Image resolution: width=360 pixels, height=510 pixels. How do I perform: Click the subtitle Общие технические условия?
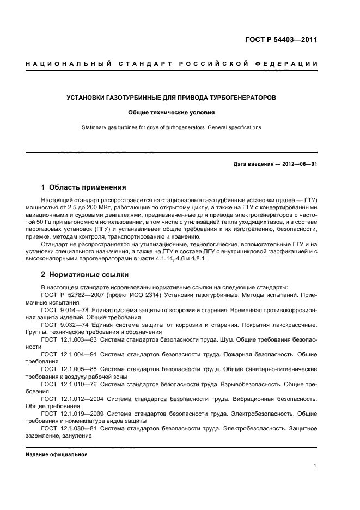(x=172, y=113)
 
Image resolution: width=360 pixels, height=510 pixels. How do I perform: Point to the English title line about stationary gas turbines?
(x=172, y=127)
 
